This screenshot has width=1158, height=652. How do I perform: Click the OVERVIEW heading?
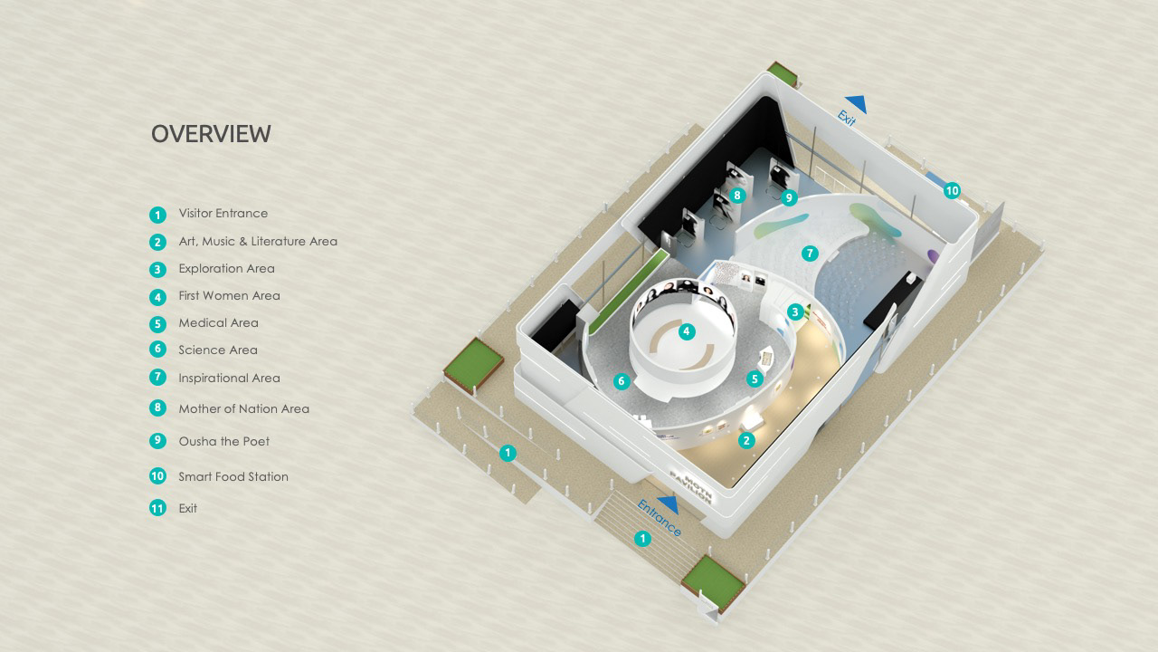pos(211,134)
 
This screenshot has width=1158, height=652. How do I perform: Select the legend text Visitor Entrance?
pos(223,214)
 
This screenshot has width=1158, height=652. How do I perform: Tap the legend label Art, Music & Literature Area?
pos(257,242)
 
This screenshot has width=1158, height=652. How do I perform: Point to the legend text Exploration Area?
pos(226,269)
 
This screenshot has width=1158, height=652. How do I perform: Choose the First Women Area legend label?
pos(229,296)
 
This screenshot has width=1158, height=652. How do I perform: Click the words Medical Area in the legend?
pos(218,323)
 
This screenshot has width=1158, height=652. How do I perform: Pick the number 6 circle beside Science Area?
pos(158,350)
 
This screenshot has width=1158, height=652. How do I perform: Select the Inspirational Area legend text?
pos(229,379)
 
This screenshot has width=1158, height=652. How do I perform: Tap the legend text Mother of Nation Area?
pos(243,409)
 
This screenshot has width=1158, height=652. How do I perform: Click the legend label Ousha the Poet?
pos(223,442)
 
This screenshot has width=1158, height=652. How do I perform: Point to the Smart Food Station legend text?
pos(233,477)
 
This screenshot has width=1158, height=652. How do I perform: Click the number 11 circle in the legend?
pos(158,508)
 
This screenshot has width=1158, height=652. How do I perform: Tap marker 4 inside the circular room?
pos(687,331)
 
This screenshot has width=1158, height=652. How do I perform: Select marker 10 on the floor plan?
pos(951,191)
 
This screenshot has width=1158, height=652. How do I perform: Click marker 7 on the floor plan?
pos(810,254)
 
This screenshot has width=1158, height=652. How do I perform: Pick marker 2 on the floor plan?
pos(746,441)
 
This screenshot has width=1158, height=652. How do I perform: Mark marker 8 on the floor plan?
pos(736,195)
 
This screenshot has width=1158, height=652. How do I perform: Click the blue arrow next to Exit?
pos(855,105)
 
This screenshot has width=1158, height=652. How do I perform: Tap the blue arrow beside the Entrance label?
pos(669,504)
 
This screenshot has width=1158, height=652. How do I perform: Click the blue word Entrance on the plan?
pos(659,519)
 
